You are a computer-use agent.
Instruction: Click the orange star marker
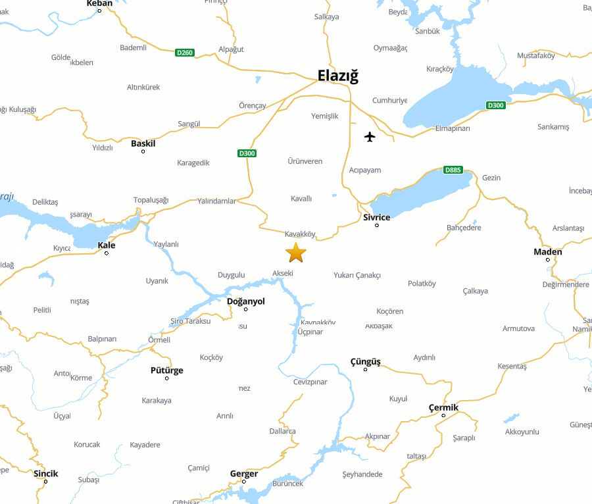click(x=296, y=252)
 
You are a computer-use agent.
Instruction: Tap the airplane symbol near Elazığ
click(x=370, y=137)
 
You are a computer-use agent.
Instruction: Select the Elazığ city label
click(x=338, y=76)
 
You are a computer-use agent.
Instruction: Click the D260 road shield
click(x=185, y=52)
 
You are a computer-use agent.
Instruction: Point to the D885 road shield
click(x=453, y=170)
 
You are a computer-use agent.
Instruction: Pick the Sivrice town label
click(x=376, y=217)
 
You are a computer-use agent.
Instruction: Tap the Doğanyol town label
click(x=245, y=301)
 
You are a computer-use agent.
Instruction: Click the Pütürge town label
click(x=167, y=370)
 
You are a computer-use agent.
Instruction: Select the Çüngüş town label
click(x=365, y=361)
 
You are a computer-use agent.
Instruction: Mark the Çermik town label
click(x=443, y=407)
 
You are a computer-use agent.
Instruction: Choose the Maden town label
click(x=548, y=252)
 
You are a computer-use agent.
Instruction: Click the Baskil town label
click(x=143, y=143)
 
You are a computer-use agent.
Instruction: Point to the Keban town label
click(x=99, y=3)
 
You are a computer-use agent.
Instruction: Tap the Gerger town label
click(x=243, y=474)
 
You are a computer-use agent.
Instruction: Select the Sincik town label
click(x=45, y=474)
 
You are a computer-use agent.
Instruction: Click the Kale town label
click(x=107, y=245)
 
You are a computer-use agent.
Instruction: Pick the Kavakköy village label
click(x=301, y=234)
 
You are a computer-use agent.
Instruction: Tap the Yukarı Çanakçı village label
click(x=357, y=275)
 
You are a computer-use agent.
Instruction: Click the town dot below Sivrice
click(x=377, y=226)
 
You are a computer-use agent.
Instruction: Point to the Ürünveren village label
click(x=305, y=161)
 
